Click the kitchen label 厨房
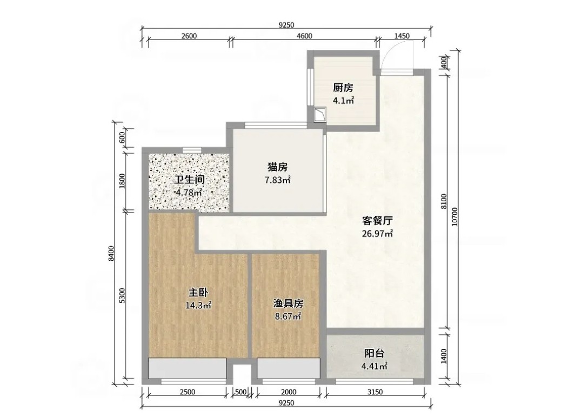[x=343, y=88]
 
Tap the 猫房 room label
[x=277, y=167]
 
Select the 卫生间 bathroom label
[x=189, y=180]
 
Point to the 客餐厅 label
[x=377, y=221]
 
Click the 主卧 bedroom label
[x=198, y=293]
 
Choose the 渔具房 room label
[x=288, y=303]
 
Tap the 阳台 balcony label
[x=375, y=353]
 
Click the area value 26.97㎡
[x=377, y=234]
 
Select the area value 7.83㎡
[x=278, y=180]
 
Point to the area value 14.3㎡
[x=198, y=306]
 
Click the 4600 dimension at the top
[x=304, y=36]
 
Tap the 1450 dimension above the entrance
[x=402, y=36]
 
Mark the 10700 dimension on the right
[x=454, y=216]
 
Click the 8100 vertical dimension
[x=443, y=202]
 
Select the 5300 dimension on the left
[x=123, y=295]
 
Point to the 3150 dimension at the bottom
[x=375, y=392]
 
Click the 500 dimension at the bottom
[x=240, y=392]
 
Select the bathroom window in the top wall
[x=192, y=149]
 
